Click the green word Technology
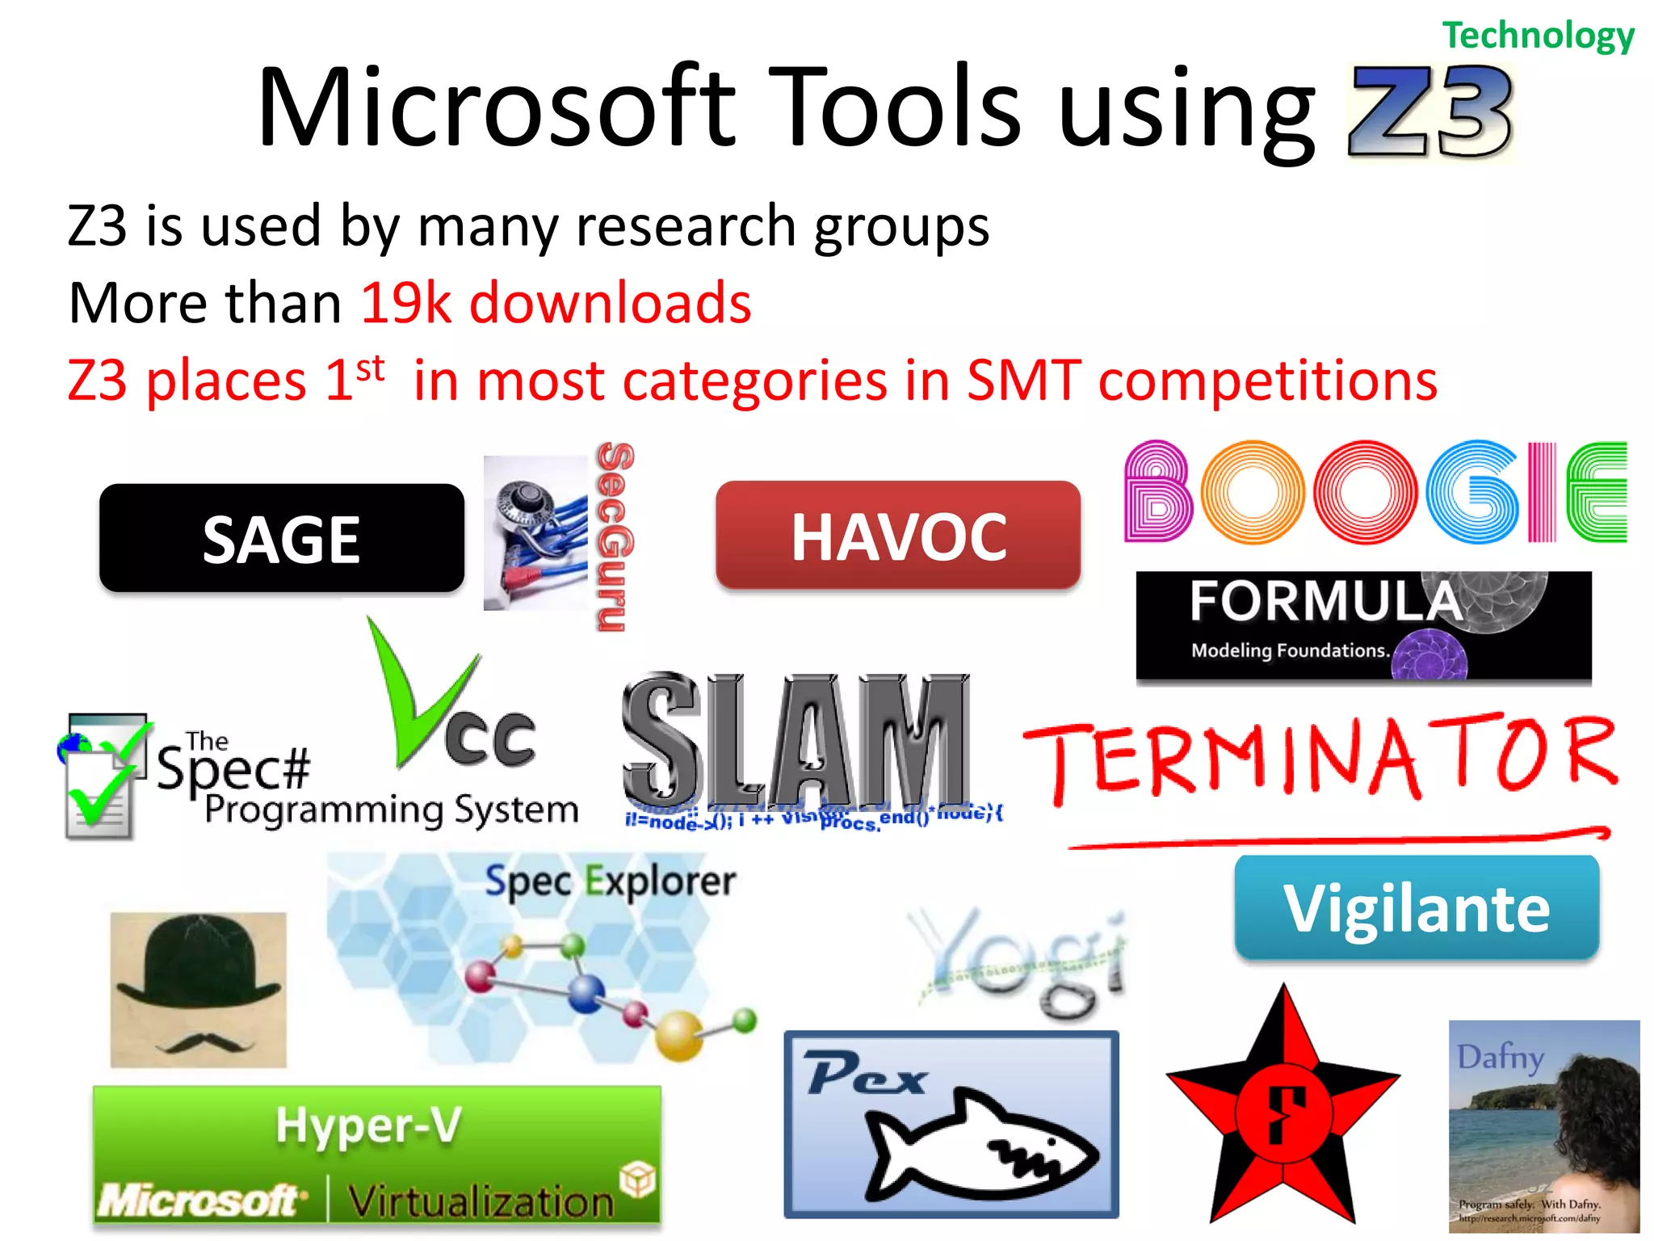point(1538,36)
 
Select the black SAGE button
point(281,539)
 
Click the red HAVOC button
point(897,536)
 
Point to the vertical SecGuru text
point(615,536)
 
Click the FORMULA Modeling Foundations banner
point(1363,626)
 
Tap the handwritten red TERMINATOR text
point(1320,755)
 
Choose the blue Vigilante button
point(1417,907)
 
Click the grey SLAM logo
point(796,739)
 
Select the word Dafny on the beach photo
point(1501,1056)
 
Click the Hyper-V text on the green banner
point(368,1125)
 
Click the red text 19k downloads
point(556,303)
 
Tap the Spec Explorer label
point(610,881)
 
